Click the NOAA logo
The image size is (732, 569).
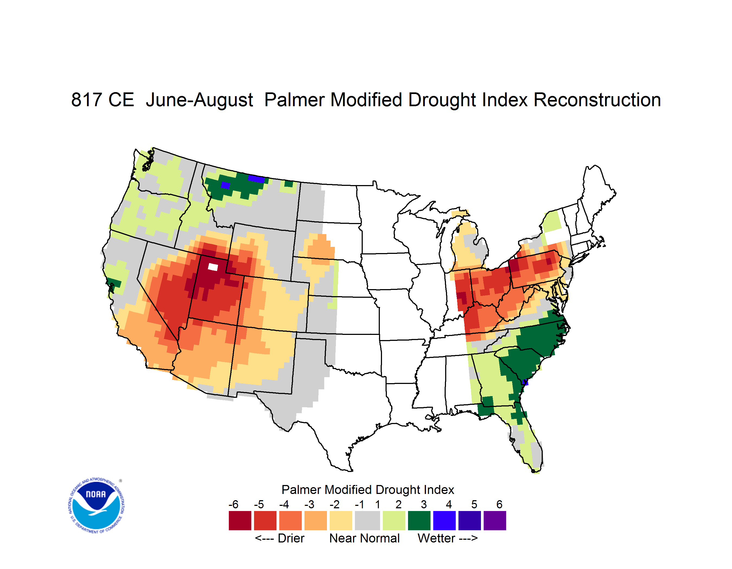tap(96, 505)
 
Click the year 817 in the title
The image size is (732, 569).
tap(86, 100)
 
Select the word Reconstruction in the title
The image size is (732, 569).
tap(597, 100)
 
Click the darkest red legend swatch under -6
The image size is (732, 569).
tap(240, 520)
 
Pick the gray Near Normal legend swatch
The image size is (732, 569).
tap(367, 520)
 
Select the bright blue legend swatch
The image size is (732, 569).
tap(444, 520)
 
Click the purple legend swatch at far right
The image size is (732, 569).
tap(495, 520)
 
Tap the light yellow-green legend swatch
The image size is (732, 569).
tap(394, 520)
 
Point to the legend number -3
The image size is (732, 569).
tap(309, 504)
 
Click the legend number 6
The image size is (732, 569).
tap(499, 504)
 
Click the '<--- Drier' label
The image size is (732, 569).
tap(280, 538)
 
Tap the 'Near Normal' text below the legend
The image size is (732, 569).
tap(364, 538)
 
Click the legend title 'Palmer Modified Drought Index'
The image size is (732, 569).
tap(368, 490)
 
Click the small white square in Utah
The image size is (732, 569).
tap(213, 267)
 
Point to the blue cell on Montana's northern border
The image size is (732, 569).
tap(256, 179)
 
